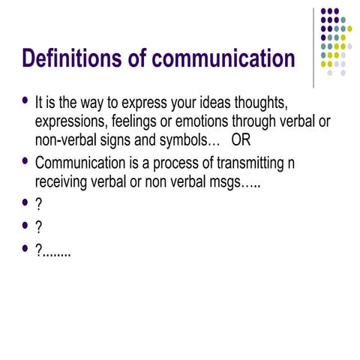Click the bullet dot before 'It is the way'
(27, 100)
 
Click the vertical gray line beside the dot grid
(314, 45)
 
